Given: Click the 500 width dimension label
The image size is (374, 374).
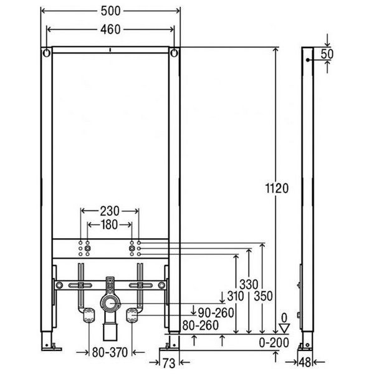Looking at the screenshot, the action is [x=110, y=11].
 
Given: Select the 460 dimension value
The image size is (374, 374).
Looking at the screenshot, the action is [x=110, y=29].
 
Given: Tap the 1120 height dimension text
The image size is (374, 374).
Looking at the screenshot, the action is [x=277, y=188].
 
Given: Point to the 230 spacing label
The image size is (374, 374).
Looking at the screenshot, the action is [x=110, y=211].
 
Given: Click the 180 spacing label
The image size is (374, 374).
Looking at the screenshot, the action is [x=110, y=224].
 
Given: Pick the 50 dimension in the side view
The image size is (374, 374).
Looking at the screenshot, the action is [x=327, y=54].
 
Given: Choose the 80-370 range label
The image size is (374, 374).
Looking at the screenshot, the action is [x=110, y=353].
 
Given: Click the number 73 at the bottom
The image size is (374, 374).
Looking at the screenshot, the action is [x=169, y=363].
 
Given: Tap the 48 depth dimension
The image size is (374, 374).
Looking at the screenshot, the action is [x=305, y=363].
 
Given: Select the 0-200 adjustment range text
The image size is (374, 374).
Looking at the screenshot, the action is [x=274, y=343].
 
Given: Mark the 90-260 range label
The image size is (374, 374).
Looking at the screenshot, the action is [x=216, y=313].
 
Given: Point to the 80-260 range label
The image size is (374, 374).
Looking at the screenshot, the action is [x=200, y=325].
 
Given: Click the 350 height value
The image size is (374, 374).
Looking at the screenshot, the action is [x=263, y=297].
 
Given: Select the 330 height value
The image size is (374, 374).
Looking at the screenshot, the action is [x=249, y=285].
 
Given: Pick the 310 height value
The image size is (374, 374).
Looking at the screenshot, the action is [x=236, y=297].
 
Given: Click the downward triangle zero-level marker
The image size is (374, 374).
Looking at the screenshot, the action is [x=284, y=328].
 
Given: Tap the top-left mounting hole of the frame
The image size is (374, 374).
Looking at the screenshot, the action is [x=47, y=53].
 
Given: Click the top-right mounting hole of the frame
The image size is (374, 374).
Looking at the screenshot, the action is [x=175, y=53].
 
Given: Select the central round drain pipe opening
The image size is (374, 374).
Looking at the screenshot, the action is [x=110, y=304].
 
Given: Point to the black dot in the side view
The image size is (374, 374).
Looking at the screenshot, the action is [x=308, y=60].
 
